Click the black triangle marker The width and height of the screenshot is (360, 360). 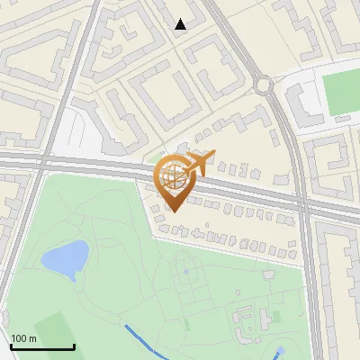[181, 24]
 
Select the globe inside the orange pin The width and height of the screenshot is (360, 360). [174, 175]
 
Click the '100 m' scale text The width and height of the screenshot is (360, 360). [23, 338]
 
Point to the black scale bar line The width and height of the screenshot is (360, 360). [41, 347]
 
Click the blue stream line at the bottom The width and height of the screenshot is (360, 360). [148, 339]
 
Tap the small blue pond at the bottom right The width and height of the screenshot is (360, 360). [281, 350]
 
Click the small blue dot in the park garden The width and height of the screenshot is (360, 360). [186, 270]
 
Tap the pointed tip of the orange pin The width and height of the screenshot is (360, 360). [175, 211]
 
